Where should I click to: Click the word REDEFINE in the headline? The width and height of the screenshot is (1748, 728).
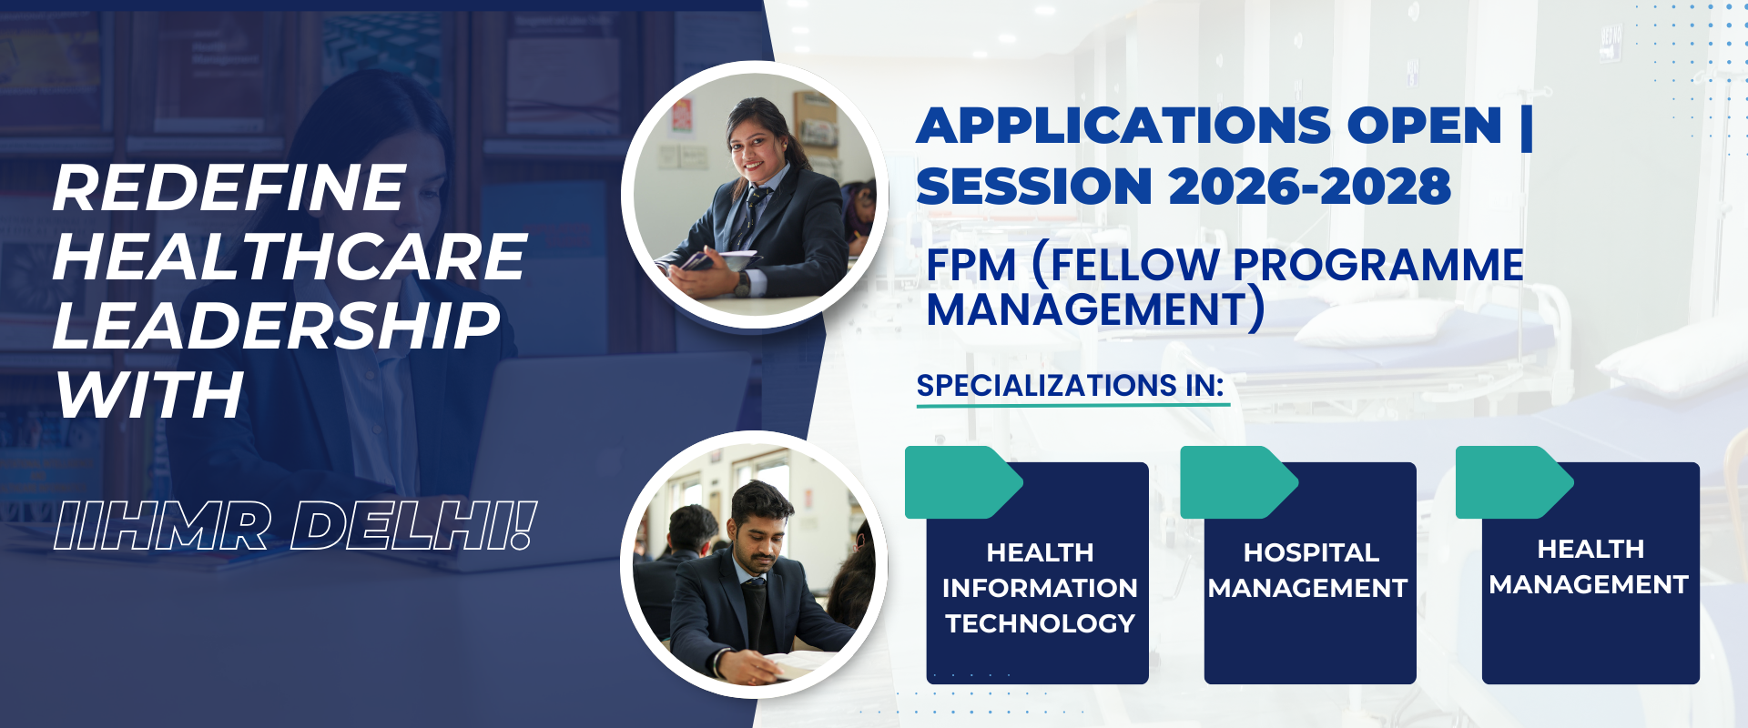229,187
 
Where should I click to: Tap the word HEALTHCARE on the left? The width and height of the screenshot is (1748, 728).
290,257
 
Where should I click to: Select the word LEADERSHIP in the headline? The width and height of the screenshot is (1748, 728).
277,326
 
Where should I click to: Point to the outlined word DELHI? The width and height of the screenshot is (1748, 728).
414,526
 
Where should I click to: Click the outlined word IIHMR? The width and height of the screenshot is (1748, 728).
162,526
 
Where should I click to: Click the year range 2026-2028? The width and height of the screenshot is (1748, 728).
1310,187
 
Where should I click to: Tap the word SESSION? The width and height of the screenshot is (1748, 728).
1034,187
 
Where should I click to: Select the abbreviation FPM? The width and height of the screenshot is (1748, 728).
971,266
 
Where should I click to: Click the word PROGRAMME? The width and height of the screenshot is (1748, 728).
1378,266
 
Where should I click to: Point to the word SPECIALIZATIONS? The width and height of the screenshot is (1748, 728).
1047,386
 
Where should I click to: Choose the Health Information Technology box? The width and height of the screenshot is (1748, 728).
1037,572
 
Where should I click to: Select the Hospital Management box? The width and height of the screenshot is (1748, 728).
1310,572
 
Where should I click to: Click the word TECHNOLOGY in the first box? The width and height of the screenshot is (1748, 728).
1040,623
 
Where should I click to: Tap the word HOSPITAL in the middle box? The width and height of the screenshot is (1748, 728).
1311,552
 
